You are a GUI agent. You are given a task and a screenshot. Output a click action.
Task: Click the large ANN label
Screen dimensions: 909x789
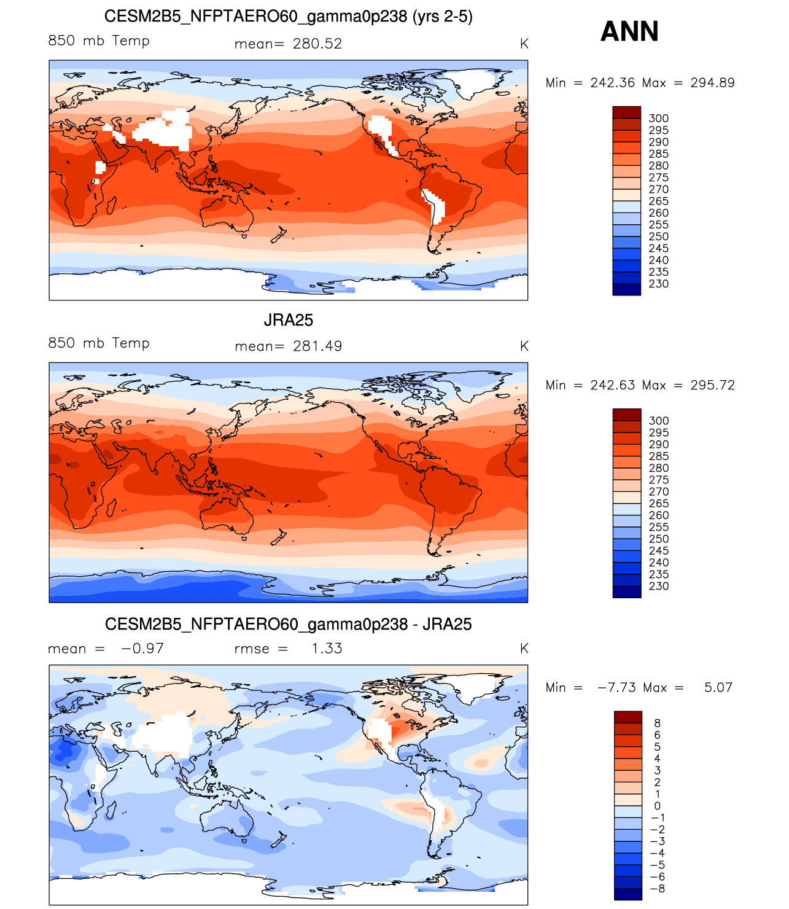pyautogui.click(x=629, y=31)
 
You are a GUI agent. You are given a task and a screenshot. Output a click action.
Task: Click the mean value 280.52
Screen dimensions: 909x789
pyautogui.click(x=317, y=44)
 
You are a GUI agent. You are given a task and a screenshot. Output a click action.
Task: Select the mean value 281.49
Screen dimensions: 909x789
pyautogui.click(x=317, y=346)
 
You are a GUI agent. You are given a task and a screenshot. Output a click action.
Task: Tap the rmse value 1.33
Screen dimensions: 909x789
pyautogui.click(x=327, y=649)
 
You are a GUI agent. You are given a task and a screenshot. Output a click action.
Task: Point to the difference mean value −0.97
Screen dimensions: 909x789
pyautogui.click(x=143, y=649)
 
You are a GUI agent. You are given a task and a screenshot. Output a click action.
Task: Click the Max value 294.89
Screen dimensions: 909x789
pyautogui.click(x=712, y=83)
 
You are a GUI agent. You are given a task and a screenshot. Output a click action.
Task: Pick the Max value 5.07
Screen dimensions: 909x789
pyautogui.click(x=718, y=687)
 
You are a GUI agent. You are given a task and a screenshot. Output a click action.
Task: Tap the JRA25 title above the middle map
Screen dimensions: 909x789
pyautogui.click(x=289, y=320)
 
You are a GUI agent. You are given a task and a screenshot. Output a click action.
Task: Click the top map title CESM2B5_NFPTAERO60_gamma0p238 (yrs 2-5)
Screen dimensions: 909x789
pyautogui.click(x=289, y=17)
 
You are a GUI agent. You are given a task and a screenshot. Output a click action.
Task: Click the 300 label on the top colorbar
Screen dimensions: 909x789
pyautogui.click(x=659, y=119)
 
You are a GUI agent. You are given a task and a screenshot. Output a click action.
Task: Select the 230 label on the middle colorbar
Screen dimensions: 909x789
pyautogui.click(x=659, y=586)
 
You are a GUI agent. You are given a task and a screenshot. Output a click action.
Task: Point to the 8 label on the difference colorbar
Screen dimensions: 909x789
pyautogui.click(x=658, y=724)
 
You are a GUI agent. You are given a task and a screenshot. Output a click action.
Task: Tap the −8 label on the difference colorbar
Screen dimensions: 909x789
pyautogui.click(x=658, y=889)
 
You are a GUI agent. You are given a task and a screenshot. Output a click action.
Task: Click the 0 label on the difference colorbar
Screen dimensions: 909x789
pyautogui.click(x=658, y=806)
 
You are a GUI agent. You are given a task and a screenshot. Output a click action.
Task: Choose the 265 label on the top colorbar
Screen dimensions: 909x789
pyautogui.click(x=659, y=201)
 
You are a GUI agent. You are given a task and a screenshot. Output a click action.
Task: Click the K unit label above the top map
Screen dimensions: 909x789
pyautogui.click(x=524, y=44)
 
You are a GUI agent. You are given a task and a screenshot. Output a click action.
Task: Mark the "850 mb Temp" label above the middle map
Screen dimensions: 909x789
pyautogui.click(x=99, y=343)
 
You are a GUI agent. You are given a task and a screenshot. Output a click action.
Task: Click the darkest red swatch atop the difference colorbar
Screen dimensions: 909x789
pyautogui.click(x=628, y=717)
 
